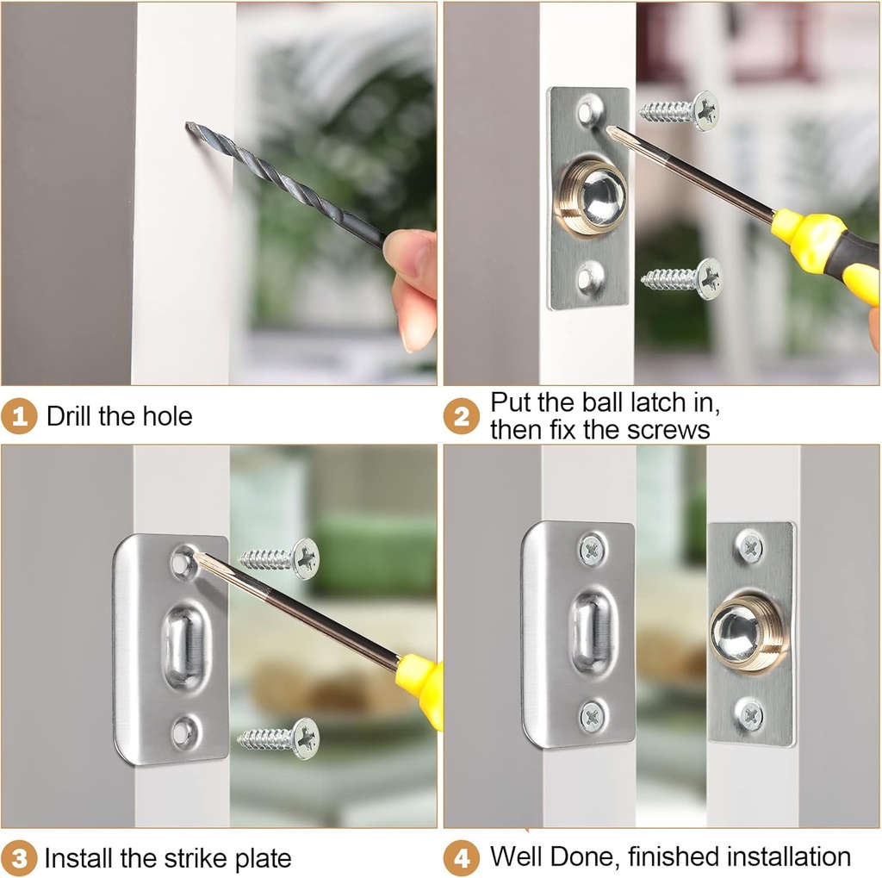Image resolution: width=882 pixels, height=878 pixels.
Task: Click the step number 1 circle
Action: click(19, 417)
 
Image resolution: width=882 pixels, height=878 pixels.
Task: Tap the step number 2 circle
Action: click(462, 417)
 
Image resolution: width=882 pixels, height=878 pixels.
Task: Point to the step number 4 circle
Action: click(462, 858)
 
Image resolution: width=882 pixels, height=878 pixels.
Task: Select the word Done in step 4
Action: click(587, 856)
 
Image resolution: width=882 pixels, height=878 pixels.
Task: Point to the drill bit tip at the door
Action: click(190, 128)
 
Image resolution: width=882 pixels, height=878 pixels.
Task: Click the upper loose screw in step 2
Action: click(680, 111)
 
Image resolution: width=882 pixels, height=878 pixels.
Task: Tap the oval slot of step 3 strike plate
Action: click(186, 645)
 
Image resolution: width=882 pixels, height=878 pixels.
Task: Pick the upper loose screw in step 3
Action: click(279, 558)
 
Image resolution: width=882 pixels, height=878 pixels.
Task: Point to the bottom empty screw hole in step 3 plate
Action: click(183, 732)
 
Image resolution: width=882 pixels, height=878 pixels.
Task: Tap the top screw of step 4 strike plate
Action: click(592, 549)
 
